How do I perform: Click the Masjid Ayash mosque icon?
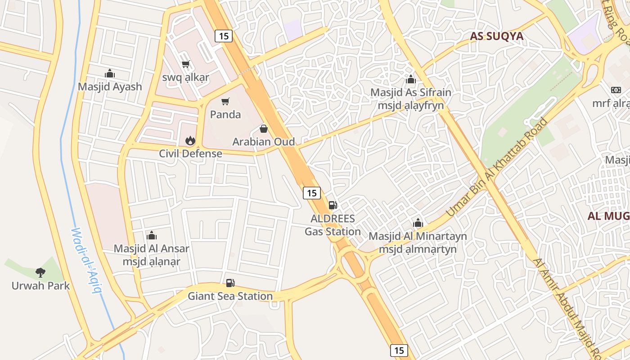110,73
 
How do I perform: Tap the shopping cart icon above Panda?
225,101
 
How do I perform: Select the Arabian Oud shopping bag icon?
264,129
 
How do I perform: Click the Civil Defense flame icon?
190,140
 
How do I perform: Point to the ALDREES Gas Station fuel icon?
333,205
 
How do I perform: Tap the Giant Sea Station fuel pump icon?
230,283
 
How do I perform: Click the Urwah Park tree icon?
40,272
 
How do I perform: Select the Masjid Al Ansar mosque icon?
151,235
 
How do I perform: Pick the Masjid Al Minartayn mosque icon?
418,223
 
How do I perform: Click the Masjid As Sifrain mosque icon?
410,79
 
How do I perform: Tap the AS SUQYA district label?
497,36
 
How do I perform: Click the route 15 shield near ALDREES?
311,193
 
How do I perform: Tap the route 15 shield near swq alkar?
224,36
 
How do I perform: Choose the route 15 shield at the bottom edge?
399,350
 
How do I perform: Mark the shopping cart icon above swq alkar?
185,64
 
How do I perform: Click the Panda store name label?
225,114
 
